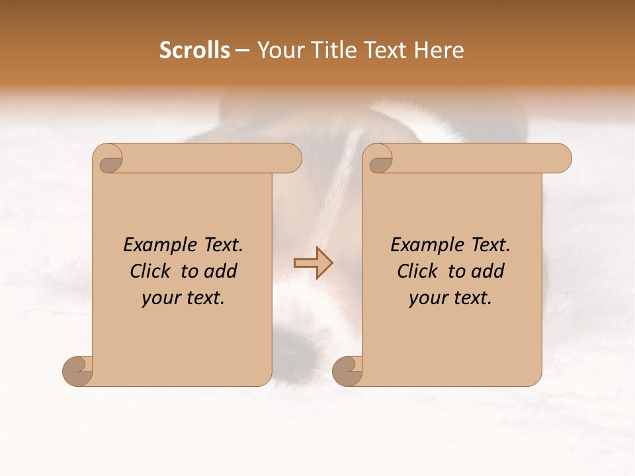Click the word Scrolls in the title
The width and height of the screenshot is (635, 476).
[194, 50]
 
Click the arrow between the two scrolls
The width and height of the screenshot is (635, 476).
[313, 263]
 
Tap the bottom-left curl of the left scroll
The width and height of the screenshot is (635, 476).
[77, 370]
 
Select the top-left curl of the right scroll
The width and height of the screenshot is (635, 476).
[380, 159]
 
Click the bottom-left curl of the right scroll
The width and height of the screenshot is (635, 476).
[347, 370]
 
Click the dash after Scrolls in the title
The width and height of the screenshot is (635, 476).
[242, 51]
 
